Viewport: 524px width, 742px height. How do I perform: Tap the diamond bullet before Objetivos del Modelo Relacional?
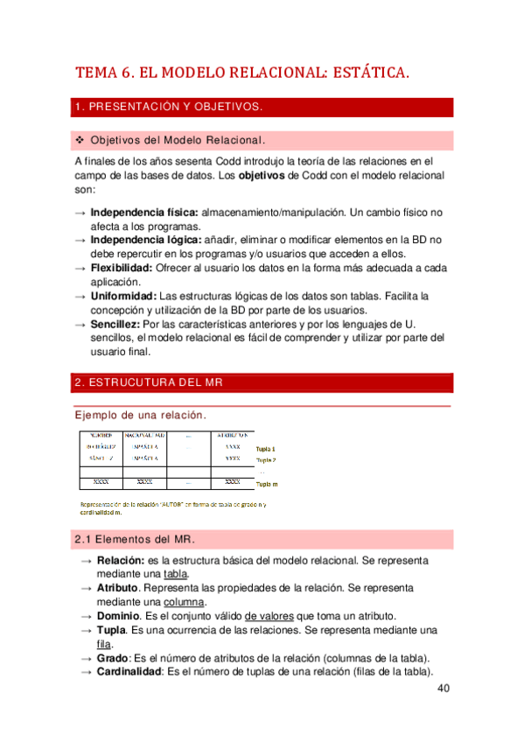click(x=80, y=140)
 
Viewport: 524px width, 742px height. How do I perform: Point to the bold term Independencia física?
click(x=144, y=213)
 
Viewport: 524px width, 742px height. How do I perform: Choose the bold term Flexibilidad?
click(x=122, y=269)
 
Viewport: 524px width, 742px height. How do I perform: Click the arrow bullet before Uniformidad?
click(x=80, y=297)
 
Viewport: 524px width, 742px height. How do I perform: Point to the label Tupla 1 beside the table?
click(x=266, y=448)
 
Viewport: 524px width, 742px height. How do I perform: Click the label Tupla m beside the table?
click(x=267, y=482)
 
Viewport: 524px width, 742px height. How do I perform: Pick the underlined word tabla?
click(x=176, y=574)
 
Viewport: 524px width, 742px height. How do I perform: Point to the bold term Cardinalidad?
click(x=129, y=672)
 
